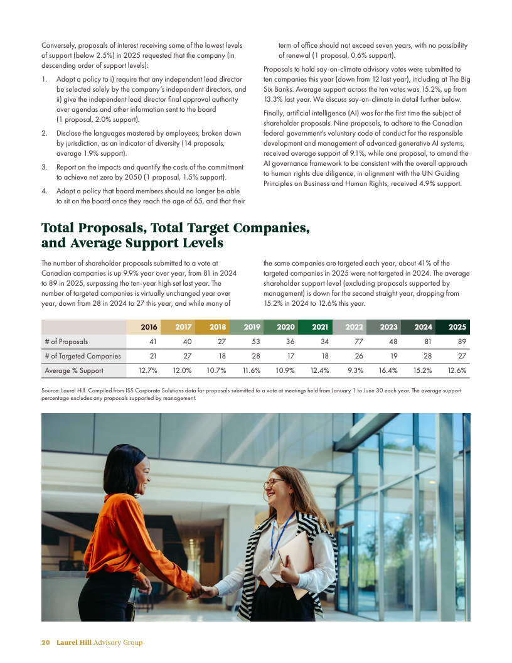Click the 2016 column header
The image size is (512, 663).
tap(149, 327)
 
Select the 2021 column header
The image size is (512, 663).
tap(320, 327)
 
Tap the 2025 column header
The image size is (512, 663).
tap(457, 327)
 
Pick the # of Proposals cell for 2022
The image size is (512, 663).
tap(358, 342)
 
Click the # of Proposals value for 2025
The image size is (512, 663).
tap(462, 342)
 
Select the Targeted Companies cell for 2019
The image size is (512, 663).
tap(255, 356)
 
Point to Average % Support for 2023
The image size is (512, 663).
tap(388, 370)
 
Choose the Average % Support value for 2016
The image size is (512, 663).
tap(147, 370)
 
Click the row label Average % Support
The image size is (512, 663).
tap(74, 370)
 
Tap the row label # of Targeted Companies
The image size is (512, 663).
tap(82, 356)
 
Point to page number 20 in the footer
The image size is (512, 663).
tap(46, 642)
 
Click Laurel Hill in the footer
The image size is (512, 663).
tap(73, 642)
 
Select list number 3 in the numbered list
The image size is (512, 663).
tap(44, 167)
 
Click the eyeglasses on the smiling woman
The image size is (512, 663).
tap(274, 483)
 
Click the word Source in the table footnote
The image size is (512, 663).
tap(51, 391)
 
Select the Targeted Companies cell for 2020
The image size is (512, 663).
tap(291, 356)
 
